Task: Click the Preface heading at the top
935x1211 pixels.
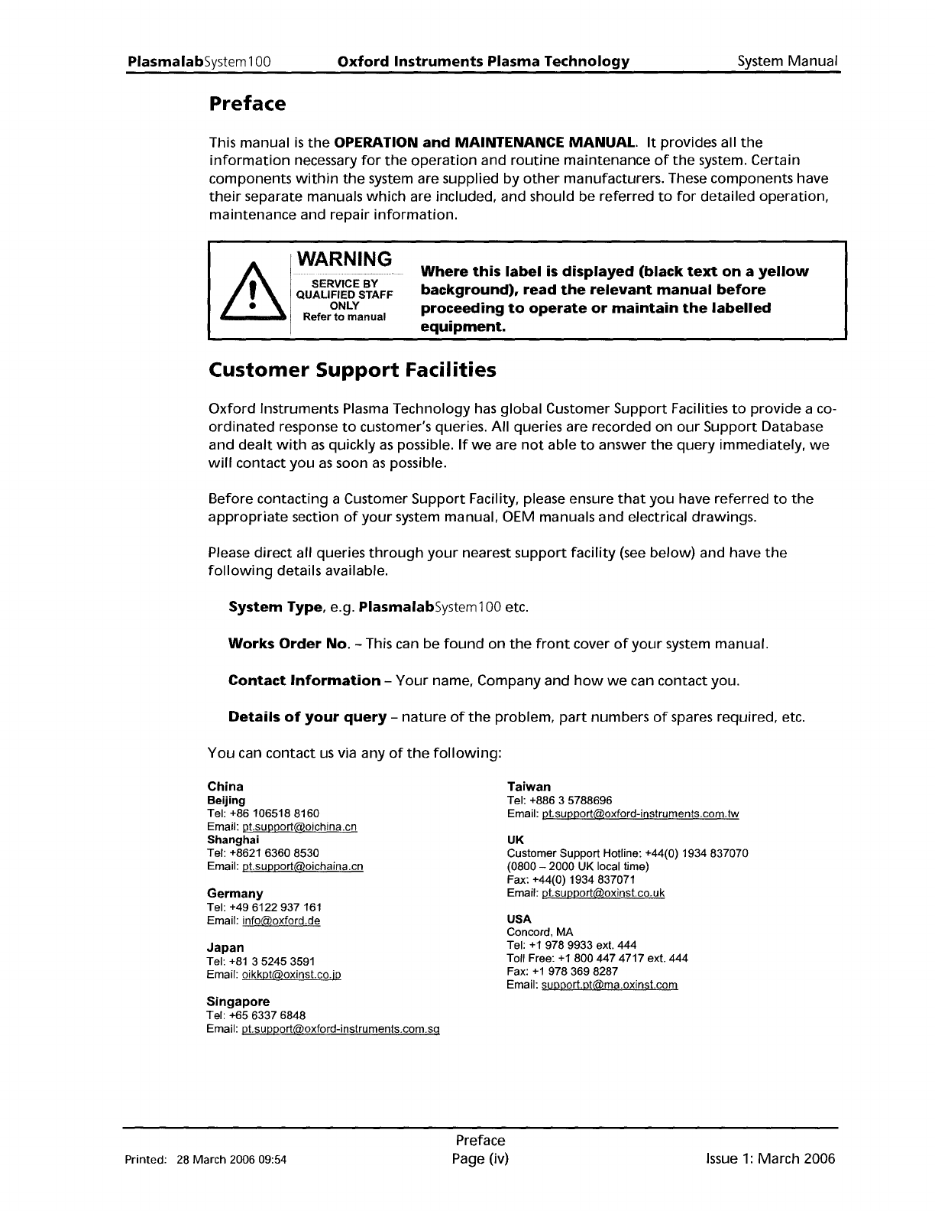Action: [247, 103]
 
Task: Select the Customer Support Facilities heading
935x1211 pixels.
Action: [352, 371]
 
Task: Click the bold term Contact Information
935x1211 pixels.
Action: [304, 680]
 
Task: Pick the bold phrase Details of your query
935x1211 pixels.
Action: [307, 717]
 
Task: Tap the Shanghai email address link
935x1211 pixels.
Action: [302, 866]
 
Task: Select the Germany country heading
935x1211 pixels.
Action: [235, 894]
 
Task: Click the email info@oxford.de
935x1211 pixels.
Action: [280, 921]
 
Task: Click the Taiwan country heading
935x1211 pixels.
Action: [529, 787]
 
